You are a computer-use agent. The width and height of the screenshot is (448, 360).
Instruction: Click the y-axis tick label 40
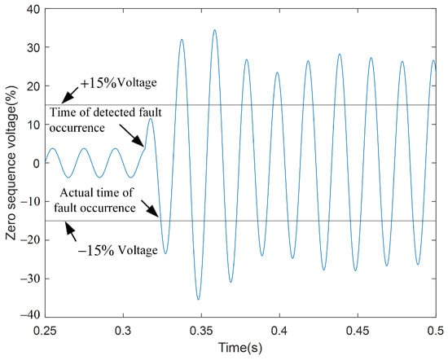(33, 9)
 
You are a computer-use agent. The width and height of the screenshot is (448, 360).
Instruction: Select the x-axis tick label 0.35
(201, 331)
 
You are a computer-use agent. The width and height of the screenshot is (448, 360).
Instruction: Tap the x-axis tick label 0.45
(358, 331)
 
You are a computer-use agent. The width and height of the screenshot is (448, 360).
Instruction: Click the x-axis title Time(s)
(240, 348)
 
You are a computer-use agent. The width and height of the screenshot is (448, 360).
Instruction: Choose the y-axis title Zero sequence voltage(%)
(11, 163)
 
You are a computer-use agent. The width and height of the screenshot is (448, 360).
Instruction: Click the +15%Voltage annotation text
(119, 83)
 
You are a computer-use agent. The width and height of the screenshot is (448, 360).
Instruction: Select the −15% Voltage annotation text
(118, 250)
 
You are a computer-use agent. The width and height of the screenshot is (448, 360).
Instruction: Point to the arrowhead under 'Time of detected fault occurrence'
(140, 142)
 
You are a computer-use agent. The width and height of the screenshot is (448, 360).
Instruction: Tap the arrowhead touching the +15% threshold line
(67, 99)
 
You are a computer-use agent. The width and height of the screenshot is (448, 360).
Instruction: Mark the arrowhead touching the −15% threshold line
(69, 227)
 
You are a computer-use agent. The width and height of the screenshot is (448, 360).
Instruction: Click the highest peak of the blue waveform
(214, 29)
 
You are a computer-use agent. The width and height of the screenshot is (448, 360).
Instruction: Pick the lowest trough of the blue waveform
(199, 299)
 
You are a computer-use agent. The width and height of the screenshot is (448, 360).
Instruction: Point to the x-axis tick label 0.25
(45, 331)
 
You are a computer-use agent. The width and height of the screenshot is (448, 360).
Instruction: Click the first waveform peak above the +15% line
(182, 39)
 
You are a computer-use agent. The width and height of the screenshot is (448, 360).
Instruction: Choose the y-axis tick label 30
(33, 47)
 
